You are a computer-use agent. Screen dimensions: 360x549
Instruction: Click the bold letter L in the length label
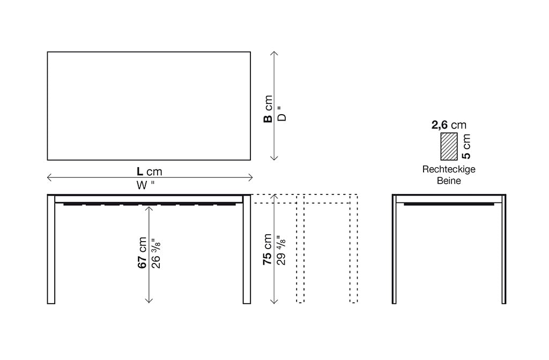click(140, 171)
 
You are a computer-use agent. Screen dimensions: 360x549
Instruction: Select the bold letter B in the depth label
click(268, 117)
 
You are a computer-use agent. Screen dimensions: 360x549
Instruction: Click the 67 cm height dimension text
click(143, 252)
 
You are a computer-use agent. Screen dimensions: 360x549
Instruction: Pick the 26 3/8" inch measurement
click(156, 252)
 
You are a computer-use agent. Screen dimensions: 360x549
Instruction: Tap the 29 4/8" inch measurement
click(281, 250)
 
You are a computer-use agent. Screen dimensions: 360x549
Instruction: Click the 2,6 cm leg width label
click(449, 125)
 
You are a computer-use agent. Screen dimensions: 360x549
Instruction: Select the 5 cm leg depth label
click(466, 146)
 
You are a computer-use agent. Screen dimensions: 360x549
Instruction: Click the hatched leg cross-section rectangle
click(449, 146)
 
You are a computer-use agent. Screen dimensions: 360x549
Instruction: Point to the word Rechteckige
click(449, 169)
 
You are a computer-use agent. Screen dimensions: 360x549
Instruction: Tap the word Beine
click(449, 181)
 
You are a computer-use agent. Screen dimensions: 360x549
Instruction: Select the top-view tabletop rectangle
click(149, 106)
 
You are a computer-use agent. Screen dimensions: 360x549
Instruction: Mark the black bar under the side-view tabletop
click(449, 204)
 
